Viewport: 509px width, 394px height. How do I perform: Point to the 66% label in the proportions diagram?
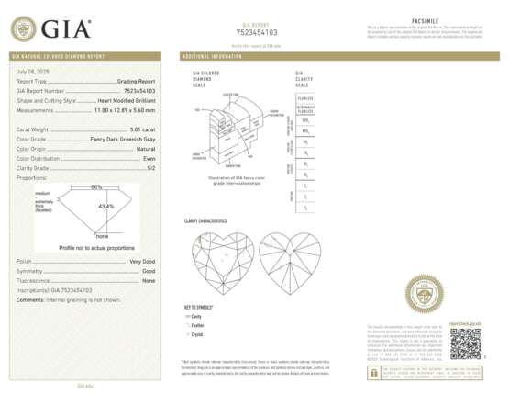point(96,188)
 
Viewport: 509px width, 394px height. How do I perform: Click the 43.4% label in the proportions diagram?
point(106,206)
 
